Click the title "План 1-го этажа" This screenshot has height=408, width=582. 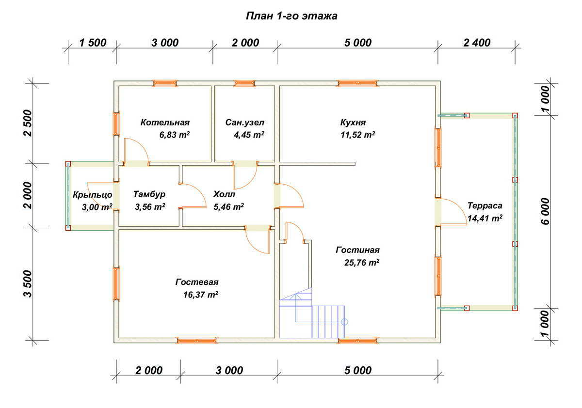(291, 16)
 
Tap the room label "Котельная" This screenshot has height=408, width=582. (165, 123)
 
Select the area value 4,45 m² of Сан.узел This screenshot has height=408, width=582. (249, 135)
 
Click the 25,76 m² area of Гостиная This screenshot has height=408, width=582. (360, 263)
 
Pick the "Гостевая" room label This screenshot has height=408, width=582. (197, 282)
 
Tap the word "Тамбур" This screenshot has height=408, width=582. (149, 194)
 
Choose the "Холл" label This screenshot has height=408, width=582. (224, 194)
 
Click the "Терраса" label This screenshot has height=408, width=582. (485, 205)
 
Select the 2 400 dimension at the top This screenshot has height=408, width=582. (477, 43)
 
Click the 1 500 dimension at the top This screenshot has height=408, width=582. (92, 43)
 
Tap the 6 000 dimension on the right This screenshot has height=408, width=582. (546, 211)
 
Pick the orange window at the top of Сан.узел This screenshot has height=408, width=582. (244, 83)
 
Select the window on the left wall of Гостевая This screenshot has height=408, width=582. (116, 283)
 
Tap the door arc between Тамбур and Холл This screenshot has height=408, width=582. (194, 196)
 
